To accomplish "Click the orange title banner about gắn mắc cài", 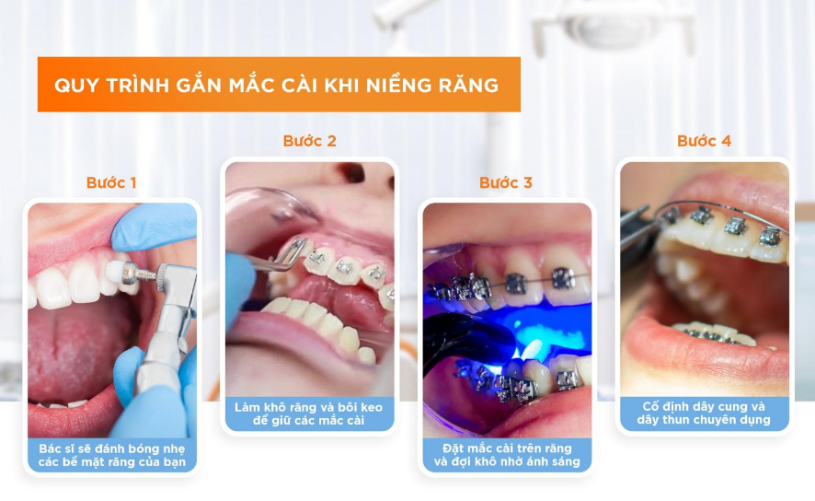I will pos(279,85).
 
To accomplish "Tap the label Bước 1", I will pos(111,182).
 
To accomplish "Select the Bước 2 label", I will pos(309,141).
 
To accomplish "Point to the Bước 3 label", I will pos(506,182).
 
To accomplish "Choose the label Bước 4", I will pos(704,141).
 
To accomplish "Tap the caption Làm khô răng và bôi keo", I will pos(309,414).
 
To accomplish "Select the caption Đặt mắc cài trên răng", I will pos(506,455).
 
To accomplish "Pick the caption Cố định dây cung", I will pos(704,413).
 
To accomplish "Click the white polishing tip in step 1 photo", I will pos(116,272).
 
